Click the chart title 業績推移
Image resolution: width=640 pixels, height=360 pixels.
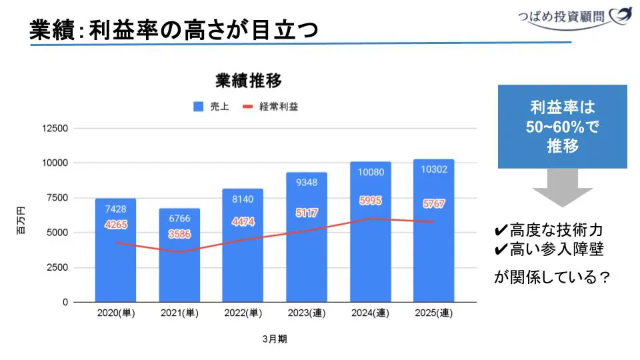(249, 81)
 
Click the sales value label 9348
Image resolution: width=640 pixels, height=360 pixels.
(307, 183)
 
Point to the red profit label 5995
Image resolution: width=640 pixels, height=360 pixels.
(371, 201)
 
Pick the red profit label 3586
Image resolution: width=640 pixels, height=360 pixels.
(179, 235)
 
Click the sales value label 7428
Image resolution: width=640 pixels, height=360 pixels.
(115, 209)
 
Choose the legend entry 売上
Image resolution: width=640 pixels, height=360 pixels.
(212, 107)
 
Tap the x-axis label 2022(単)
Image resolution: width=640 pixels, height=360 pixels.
(243, 313)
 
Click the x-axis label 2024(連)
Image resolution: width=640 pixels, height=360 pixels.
(371, 313)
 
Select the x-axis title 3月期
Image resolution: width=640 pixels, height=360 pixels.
(275, 339)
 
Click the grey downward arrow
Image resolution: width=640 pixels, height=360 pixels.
(562, 187)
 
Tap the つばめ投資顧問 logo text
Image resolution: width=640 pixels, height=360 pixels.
(564, 15)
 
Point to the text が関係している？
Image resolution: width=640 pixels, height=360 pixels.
(552, 277)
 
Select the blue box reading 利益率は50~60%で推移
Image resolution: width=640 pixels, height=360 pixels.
(563, 127)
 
